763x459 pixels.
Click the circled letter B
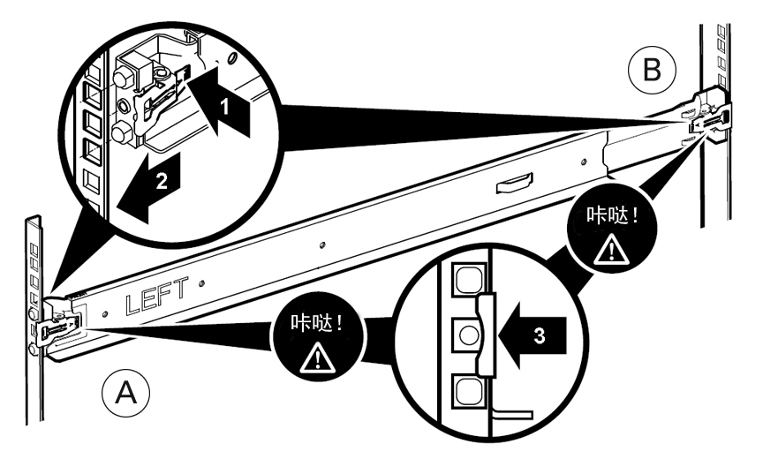click(652, 70)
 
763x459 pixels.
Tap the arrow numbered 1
click(222, 102)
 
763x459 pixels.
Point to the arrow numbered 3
click(532, 335)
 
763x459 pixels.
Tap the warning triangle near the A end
click(317, 358)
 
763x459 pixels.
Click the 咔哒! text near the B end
click(612, 214)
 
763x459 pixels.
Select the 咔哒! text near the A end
click(317, 323)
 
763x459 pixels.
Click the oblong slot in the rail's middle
click(514, 183)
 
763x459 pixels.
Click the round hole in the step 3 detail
click(469, 335)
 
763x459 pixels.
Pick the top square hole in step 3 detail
click(470, 279)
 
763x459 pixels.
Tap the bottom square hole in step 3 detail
click(470, 392)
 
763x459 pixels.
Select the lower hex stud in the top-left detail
click(121, 132)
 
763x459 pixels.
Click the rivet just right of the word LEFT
click(201, 282)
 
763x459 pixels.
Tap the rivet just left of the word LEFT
click(105, 314)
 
